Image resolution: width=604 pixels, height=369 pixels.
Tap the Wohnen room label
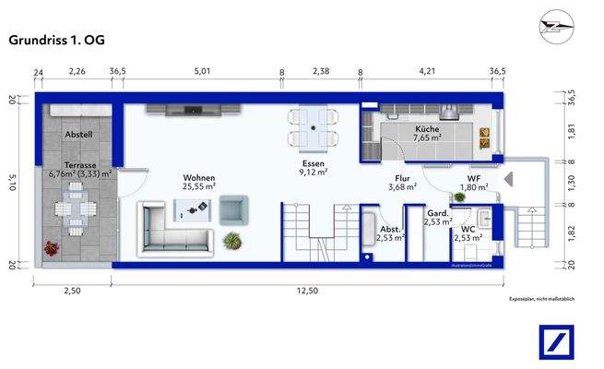pos(199,178)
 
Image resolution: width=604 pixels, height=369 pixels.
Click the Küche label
pos(427,129)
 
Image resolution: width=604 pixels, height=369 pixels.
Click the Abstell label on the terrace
pos(78,135)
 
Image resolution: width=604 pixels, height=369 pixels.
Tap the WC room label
pos(468,228)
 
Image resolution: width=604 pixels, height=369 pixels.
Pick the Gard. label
pos(436,212)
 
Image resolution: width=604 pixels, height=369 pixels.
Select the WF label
pos(474,177)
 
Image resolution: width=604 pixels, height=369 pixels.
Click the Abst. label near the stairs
pos(389,228)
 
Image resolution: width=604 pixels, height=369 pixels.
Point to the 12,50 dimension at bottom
pos(306,291)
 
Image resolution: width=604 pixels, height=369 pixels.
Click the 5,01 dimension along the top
pos(203,71)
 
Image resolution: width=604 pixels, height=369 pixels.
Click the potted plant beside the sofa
pos(232,241)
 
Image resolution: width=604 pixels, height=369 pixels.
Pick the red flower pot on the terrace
pos(50,247)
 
